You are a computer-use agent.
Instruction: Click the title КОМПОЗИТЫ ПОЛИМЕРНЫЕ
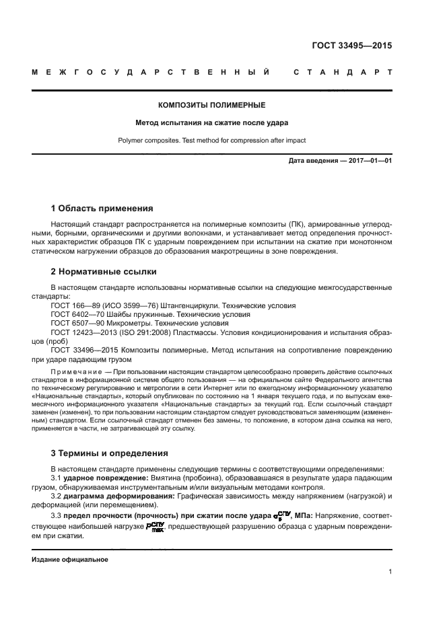coord(211,106)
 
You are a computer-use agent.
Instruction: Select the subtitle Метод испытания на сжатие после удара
coord(211,123)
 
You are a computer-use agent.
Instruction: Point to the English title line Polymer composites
coord(211,141)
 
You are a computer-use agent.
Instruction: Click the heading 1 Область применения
coord(102,208)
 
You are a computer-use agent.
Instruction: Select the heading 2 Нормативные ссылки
coord(104,272)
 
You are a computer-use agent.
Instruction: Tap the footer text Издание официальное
coord(70,559)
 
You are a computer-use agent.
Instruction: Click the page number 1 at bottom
coord(390,572)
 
